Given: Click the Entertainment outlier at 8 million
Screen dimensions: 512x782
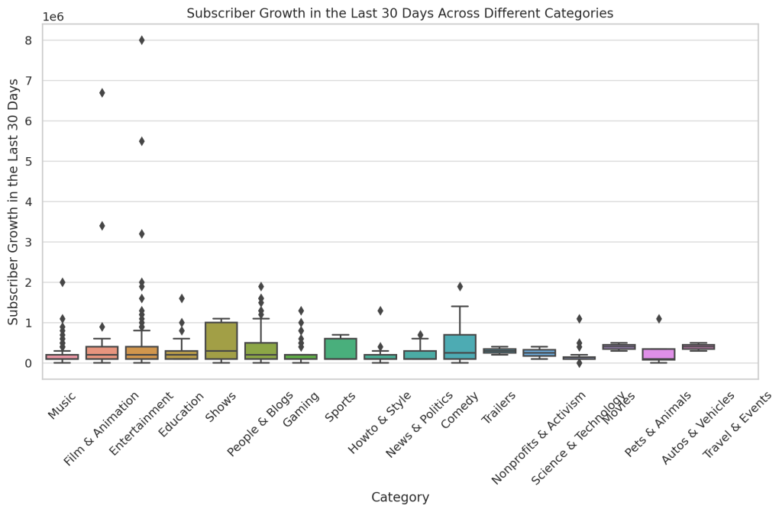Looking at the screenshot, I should tap(141, 40).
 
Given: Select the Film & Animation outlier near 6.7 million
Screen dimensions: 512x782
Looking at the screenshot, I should tap(102, 93).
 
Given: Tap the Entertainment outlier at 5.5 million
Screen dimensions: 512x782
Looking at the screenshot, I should tap(141, 141).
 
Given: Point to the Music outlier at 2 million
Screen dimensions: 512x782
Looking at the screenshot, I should tap(62, 282).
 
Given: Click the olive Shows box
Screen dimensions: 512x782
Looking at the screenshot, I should tap(221, 340).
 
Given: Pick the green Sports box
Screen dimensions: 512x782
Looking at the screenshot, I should tap(341, 349).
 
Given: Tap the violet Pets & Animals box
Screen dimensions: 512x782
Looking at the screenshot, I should tap(658, 354).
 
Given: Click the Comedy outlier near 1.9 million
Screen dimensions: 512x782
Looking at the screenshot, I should tap(460, 287).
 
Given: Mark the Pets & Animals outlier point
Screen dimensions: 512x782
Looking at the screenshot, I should tap(658, 319).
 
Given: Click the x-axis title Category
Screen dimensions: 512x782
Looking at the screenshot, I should tap(400, 498).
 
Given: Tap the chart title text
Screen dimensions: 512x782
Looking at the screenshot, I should tap(400, 13).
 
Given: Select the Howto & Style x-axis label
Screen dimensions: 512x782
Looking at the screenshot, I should tap(379, 422).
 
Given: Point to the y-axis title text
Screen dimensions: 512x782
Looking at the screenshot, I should tap(14, 201).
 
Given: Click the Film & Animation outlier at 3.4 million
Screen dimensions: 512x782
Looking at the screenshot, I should tap(102, 226).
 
